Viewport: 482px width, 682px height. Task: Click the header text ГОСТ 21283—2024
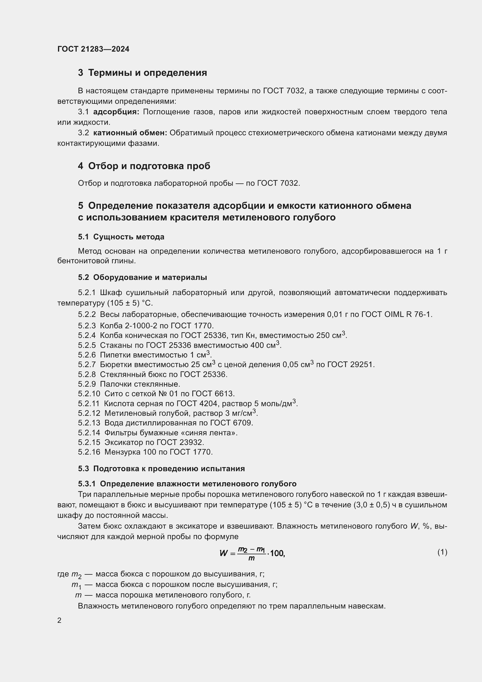point(93,49)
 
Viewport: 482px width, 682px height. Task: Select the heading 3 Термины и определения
point(143,73)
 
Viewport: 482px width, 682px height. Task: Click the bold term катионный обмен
point(130,133)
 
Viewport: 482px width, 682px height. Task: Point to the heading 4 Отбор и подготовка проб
point(144,166)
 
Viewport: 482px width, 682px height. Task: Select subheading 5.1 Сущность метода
point(121,237)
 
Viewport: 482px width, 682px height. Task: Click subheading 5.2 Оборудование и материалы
point(143,277)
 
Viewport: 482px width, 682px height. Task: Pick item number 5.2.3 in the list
point(87,326)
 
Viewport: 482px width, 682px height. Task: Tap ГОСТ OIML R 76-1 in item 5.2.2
point(397,314)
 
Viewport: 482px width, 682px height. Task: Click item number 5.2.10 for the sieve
point(89,394)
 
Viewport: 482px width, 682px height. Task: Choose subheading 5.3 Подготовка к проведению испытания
point(161,469)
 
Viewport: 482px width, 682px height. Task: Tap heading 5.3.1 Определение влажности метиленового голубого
point(187,484)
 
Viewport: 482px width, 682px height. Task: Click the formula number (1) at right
point(442,552)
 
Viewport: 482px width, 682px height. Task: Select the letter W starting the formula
point(224,553)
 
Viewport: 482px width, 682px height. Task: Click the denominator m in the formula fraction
point(251,558)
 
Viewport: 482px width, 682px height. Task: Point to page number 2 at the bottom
point(59,620)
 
